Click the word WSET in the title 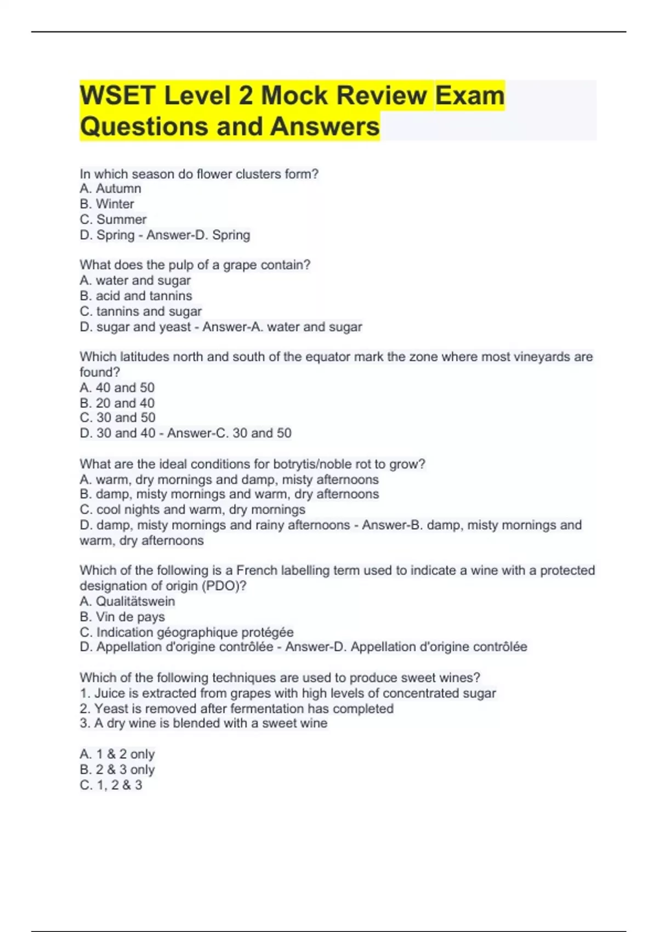pos(117,95)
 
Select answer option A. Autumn pos(110,189)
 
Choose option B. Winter pos(107,204)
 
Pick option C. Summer pos(113,219)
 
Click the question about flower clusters pos(198,174)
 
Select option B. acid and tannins pos(136,296)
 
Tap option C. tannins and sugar pos(141,311)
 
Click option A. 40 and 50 pos(117,388)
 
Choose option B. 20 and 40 pos(117,403)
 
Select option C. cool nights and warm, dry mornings pos(192,509)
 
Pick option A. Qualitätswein pos(127,601)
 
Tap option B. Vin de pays pos(122,617)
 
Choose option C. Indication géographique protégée pos(186,632)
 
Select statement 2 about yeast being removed pos(236,708)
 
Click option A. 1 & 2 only pos(117,754)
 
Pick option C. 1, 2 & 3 pos(111,785)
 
